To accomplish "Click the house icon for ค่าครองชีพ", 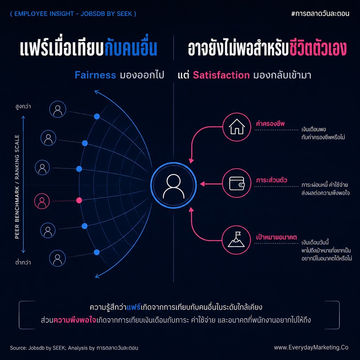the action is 237,127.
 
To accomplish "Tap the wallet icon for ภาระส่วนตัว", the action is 237,183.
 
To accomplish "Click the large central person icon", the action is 174,185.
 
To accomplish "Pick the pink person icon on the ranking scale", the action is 42,201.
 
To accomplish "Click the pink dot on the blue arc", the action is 79,200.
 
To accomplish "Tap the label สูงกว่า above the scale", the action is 23,107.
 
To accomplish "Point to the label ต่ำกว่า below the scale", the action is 23,262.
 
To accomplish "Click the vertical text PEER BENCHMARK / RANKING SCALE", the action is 17,187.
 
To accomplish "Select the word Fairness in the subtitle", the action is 95,75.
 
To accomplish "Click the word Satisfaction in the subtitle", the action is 221,75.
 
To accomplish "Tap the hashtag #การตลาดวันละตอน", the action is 320,13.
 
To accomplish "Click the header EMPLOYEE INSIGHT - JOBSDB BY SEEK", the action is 73,14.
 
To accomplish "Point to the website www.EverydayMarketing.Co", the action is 311,347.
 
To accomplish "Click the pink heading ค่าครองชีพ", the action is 270,124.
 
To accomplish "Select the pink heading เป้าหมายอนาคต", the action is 276,237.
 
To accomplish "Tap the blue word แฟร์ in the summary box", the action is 133,307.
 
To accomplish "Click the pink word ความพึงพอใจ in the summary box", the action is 75,320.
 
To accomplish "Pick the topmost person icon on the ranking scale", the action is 58,109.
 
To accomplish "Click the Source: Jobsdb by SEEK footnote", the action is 74,348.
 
